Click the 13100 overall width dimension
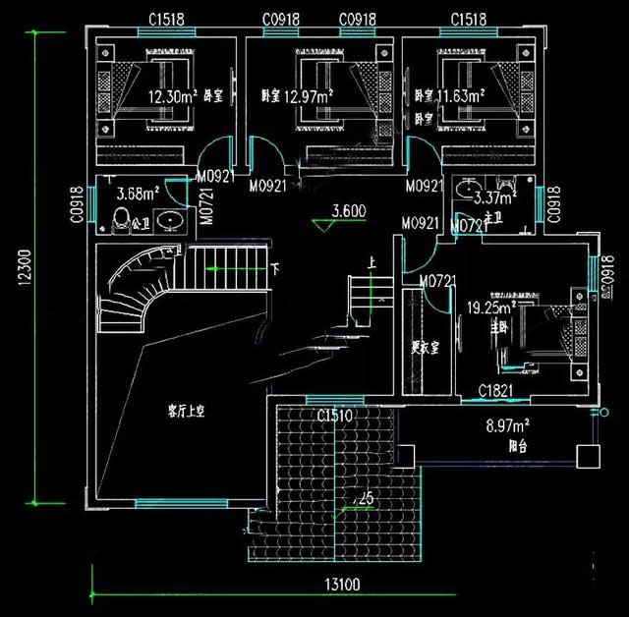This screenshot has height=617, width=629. click(x=339, y=585)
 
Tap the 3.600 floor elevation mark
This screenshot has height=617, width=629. click(x=349, y=209)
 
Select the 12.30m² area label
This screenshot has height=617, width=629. click(x=172, y=96)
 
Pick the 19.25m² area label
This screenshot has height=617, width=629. click(x=484, y=308)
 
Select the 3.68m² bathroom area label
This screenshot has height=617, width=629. click(x=138, y=193)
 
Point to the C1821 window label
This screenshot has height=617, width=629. click(x=496, y=392)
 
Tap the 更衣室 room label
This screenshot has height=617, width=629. click(x=424, y=347)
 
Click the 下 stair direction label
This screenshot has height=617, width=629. click(x=274, y=267)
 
